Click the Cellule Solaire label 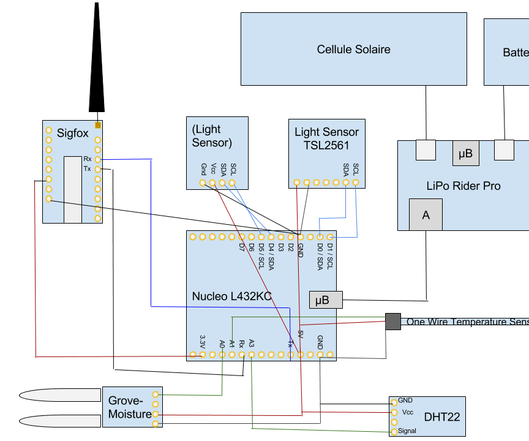(x=353, y=50)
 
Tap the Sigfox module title (x=72, y=133)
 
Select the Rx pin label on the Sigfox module (x=87, y=159)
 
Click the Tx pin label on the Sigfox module (x=87, y=168)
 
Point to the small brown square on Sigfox (x=98, y=125)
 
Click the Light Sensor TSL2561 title (x=326, y=138)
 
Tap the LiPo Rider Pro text (x=463, y=186)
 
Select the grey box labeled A (x=426, y=215)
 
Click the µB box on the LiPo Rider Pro (x=465, y=153)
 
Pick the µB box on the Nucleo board (x=325, y=300)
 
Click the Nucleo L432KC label (x=231, y=296)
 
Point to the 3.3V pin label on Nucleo (x=203, y=342)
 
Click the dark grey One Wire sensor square (x=392, y=322)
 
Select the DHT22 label (x=441, y=417)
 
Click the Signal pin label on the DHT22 (x=407, y=431)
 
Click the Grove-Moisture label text (x=130, y=408)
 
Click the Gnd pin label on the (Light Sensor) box (x=203, y=170)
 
